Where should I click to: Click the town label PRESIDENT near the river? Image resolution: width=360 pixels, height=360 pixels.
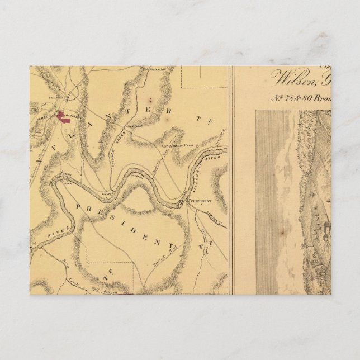(200, 200)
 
